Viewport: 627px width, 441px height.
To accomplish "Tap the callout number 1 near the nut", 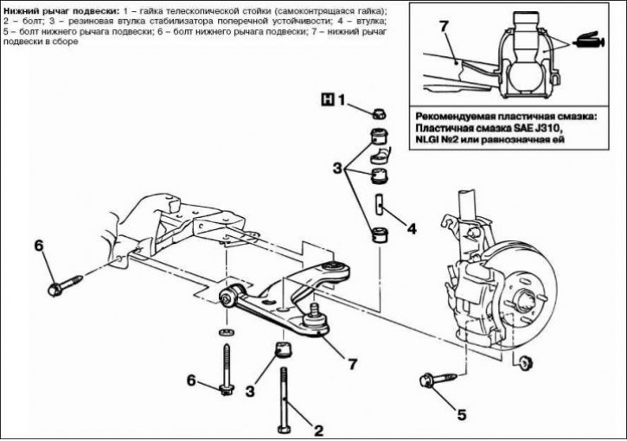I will (x=342, y=99).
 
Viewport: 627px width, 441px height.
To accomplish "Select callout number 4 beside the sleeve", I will (x=412, y=229).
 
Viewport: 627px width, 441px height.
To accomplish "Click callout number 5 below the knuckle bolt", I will (x=461, y=412).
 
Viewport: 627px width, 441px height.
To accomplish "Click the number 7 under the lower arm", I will (x=352, y=364).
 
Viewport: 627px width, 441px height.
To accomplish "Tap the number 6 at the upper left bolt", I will (x=38, y=246).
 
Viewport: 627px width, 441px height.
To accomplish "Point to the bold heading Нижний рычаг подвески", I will (x=57, y=10).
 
